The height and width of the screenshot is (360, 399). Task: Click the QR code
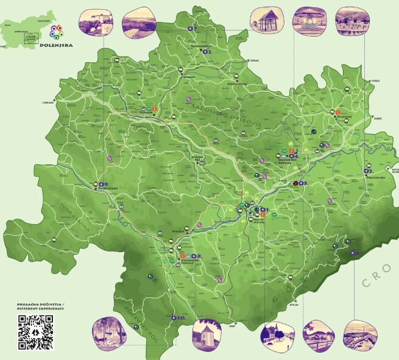click(35, 332)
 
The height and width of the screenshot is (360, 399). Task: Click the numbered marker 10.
click(180, 318)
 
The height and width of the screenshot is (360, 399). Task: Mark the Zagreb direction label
click(378, 119)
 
